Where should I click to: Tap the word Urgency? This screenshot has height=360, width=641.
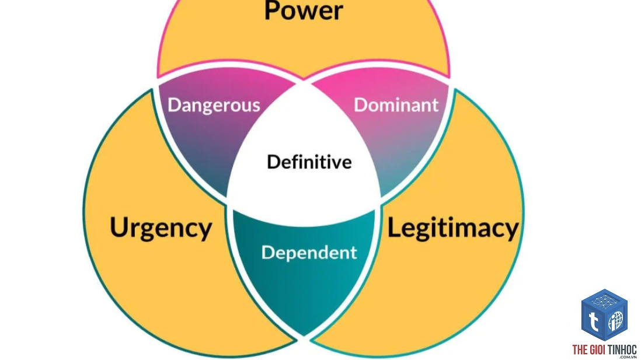(x=161, y=228)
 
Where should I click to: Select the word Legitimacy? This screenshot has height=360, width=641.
(x=453, y=228)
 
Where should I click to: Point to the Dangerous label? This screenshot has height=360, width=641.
(x=214, y=106)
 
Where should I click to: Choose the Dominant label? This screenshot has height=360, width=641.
(x=396, y=105)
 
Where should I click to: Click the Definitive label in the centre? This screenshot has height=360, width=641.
(x=309, y=162)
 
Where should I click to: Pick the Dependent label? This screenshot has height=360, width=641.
(x=309, y=253)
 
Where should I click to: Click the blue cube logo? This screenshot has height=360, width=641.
(x=604, y=314)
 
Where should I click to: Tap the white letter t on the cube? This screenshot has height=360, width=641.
(x=593, y=321)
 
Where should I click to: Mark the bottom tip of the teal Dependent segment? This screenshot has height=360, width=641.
(x=304, y=336)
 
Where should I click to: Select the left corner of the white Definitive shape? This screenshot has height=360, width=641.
(x=228, y=200)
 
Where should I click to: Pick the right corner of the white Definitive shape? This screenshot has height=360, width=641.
(x=380, y=200)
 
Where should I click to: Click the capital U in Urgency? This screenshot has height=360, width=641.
(x=119, y=227)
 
